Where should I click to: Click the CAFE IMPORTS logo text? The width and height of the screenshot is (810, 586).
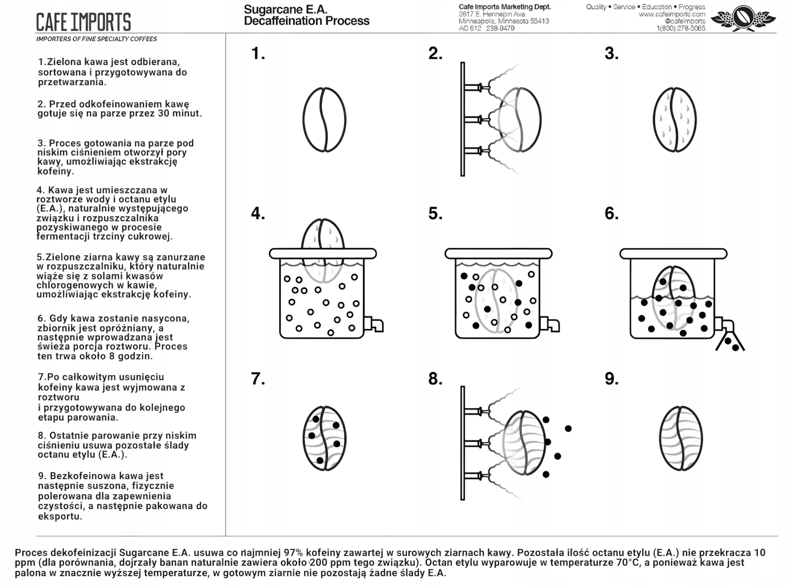click(x=83, y=22)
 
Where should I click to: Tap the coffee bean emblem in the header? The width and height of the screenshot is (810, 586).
click(x=743, y=18)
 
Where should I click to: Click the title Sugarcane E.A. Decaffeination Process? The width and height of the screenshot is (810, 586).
click(x=306, y=15)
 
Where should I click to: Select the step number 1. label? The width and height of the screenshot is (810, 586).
click(x=258, y=53)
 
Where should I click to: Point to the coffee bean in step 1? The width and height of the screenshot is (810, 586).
click(x=324, y=120)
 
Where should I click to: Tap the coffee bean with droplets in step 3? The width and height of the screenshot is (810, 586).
click(x=674, y=120)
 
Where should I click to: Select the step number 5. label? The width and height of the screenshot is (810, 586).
click(x=435, y=213)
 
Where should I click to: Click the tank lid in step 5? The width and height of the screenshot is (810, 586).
click(x=498, y=253)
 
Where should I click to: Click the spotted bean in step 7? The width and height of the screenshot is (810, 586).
click(x=324, y=438)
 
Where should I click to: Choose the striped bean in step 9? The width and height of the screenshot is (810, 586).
click(x=680, y=438)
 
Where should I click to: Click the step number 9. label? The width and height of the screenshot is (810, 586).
click(x=611, y=379)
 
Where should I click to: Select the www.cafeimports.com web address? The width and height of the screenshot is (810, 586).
click(x=672, y=14)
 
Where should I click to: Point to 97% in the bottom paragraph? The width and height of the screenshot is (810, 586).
click(x=293, y=553)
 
